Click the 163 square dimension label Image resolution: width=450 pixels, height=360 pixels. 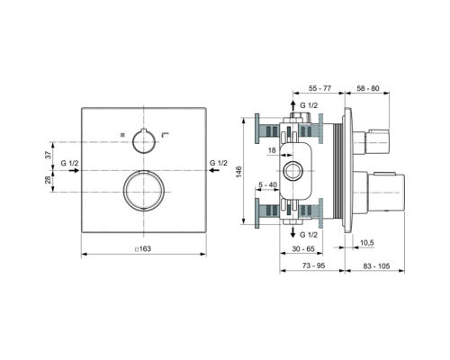pos(143,248)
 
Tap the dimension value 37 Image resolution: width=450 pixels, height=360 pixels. pos(48,155)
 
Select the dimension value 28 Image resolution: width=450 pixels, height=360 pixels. pos(48,180)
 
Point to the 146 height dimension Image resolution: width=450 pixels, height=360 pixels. pos(238,172)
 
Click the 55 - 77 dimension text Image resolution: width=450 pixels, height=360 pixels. pos(319,88)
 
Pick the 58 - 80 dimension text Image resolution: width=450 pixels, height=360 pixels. pos(368,88)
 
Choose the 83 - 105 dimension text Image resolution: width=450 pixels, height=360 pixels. pos(376,265)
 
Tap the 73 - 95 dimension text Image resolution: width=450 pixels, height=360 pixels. pos(313,265)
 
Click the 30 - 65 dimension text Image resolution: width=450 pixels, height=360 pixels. pos(303,248)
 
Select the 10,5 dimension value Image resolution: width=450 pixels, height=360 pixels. pos(366,243)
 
